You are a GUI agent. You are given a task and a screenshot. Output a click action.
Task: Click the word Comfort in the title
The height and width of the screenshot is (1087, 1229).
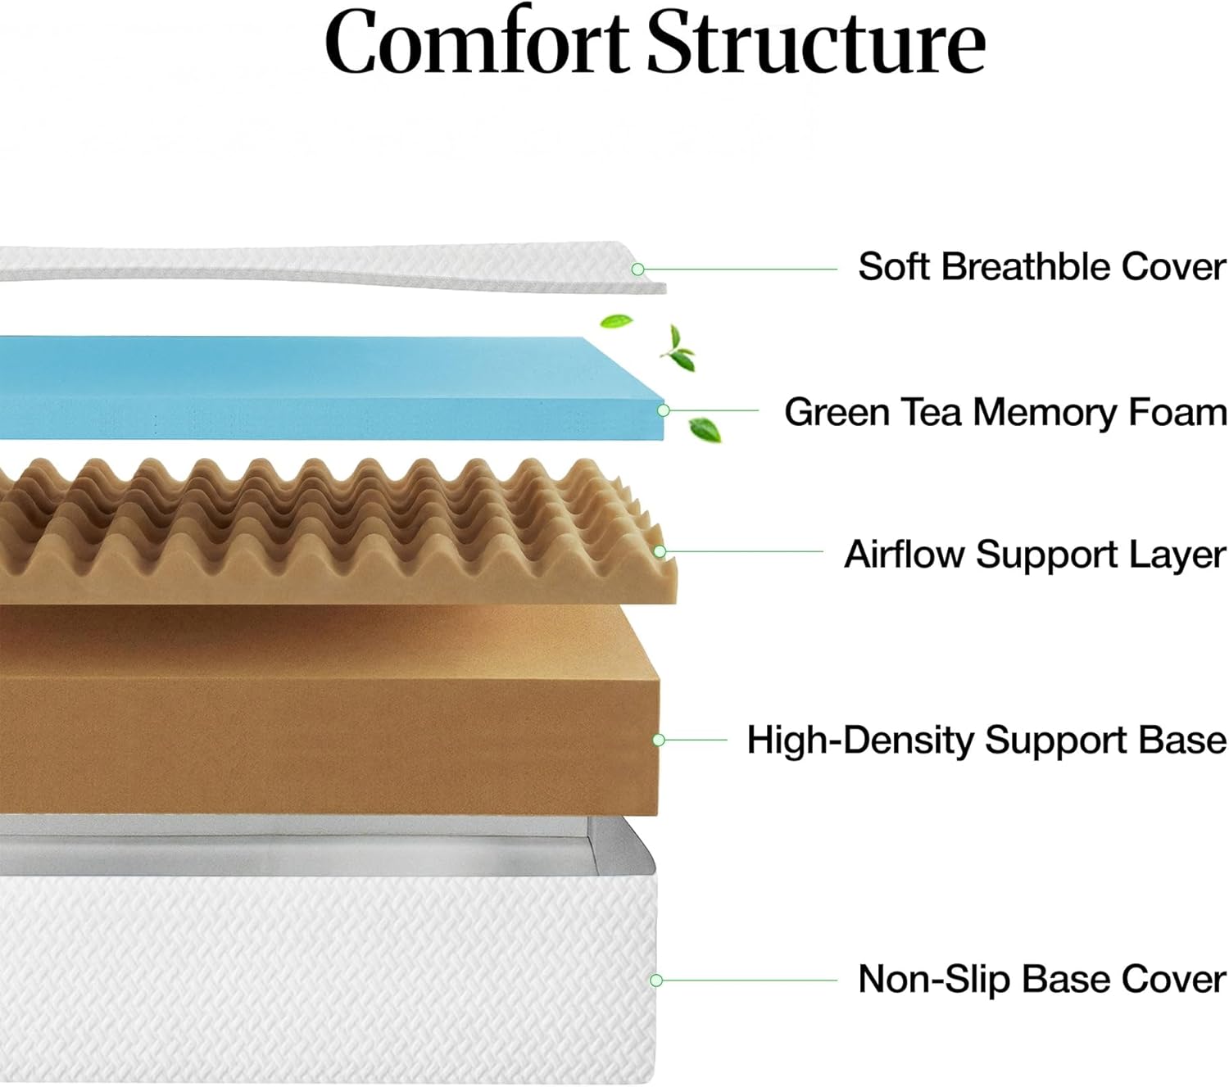[478, 43]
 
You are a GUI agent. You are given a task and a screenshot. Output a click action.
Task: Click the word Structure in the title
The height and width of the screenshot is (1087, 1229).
[817, 43]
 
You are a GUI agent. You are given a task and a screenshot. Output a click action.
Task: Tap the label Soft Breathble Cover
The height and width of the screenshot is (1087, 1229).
[1041, 267]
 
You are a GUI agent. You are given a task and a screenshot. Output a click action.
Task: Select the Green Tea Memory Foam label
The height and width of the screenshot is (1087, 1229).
[1005, 411]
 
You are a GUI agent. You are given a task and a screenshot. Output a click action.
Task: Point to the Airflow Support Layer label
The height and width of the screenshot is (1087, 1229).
[1035, 555]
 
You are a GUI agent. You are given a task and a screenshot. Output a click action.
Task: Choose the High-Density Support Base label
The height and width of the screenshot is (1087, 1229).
[986, 740]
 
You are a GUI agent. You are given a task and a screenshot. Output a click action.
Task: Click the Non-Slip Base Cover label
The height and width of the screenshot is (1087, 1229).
[1041, 979]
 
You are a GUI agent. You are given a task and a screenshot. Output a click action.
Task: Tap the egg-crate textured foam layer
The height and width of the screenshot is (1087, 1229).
[328, 532]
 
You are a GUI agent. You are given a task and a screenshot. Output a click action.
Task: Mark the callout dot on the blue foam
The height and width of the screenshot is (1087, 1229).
[664, 410]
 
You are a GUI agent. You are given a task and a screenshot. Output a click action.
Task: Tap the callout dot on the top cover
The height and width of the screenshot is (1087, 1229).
[637, 269]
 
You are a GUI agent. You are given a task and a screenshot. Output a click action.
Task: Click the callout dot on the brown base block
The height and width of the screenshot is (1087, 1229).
[658, 740]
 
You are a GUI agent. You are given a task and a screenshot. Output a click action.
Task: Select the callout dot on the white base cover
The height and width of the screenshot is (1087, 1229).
[655, 980]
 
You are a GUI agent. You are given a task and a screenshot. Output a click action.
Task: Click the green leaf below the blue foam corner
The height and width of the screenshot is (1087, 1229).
[704, 428]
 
